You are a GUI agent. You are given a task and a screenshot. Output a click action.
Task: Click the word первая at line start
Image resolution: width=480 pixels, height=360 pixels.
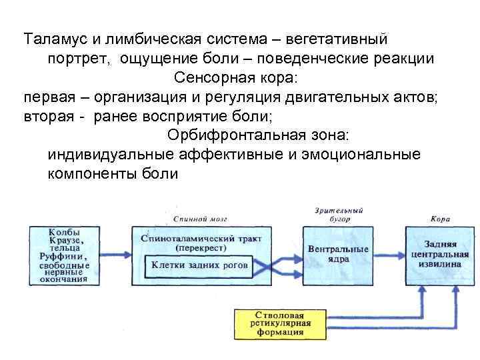[49, 97]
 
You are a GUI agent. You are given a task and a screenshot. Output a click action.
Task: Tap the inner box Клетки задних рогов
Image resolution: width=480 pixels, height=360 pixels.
[199, 265]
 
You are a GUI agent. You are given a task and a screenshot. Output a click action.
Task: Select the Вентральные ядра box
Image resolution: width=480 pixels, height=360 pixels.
[338, 254]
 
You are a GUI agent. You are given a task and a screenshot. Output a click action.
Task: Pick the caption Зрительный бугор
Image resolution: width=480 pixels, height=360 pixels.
[339, 213]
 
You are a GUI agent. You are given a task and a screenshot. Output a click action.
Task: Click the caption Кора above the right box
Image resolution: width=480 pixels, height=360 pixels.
[439, 218]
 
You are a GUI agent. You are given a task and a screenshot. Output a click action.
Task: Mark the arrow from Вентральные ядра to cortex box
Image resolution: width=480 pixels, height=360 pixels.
[389, 254]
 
